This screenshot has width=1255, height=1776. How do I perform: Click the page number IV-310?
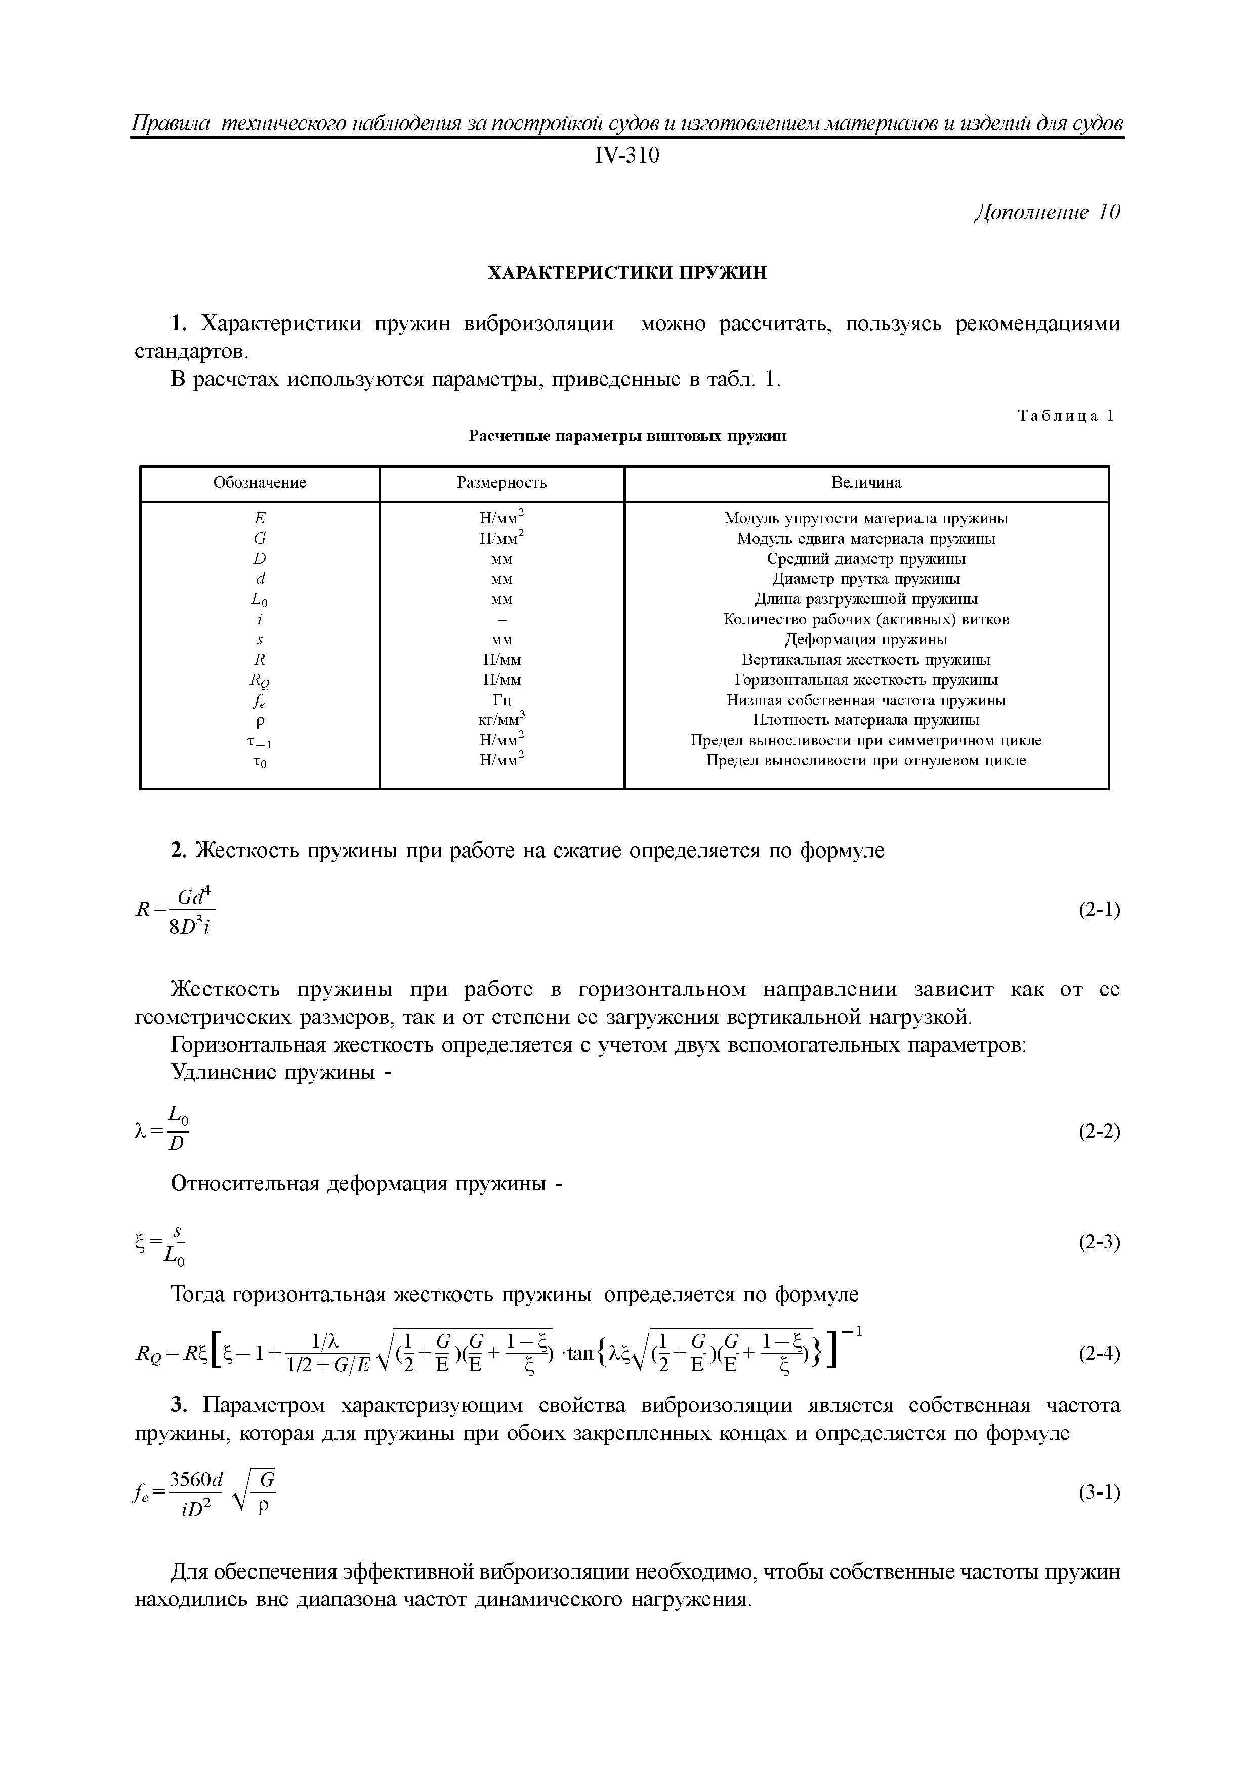coord(626,156)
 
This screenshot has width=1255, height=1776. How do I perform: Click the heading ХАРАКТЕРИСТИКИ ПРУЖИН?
coord(626,273)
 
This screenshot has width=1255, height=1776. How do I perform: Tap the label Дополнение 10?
coord(1046,213)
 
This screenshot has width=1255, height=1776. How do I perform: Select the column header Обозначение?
coord(260,482)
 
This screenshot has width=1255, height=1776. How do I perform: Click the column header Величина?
coord(866,482)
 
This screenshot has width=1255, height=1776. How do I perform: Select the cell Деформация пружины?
coord(866,640)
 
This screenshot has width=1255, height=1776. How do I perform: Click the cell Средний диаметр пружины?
coord(866,558)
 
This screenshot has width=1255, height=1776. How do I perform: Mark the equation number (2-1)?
coord(1099,910)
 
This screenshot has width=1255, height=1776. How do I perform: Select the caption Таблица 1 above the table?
coord(1066,416)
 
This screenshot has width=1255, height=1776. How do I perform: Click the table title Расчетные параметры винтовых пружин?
coord(626,436)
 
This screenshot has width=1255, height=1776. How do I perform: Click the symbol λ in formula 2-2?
coord(140,1132)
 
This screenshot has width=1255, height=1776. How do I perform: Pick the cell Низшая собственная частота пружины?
coord(866,700)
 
